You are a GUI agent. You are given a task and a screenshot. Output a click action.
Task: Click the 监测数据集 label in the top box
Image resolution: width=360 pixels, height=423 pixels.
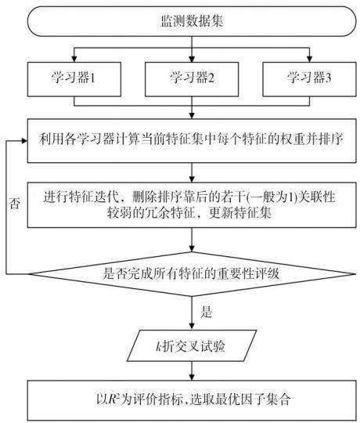tap(192, 21)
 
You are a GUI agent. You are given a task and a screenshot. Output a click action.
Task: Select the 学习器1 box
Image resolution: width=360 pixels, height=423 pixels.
tap(74, 79)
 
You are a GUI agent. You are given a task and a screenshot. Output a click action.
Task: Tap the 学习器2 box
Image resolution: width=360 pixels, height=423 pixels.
tap(192, 79)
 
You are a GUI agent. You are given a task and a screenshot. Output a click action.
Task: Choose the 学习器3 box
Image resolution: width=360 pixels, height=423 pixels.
tap(309, 79)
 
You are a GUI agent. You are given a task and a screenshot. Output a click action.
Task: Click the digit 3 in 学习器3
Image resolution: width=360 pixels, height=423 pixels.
tap(328, 78)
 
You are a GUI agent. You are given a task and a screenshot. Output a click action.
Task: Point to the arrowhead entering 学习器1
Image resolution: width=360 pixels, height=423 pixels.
tap(74, 59)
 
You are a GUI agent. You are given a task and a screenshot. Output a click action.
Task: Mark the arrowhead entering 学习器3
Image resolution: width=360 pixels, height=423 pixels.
tap(309, 59)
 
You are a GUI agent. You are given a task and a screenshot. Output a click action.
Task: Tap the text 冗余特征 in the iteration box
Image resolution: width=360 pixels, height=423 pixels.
tap(170, 213)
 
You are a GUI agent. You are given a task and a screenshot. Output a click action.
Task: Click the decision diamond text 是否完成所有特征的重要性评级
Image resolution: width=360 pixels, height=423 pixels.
tap(191, 274)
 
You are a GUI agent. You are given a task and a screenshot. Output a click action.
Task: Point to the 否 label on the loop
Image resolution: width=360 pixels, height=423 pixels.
tap(15, 203)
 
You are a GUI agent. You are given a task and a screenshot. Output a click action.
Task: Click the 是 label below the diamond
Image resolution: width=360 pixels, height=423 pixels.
tap(207, 312)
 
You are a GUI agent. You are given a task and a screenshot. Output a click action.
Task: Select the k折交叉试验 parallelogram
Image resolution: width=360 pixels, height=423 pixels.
tap(192, 345)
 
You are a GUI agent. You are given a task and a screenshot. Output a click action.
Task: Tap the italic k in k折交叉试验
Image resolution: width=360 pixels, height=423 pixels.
tap(159, 346)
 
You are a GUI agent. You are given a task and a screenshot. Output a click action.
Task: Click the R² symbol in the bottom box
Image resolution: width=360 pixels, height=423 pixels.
tap(114, 399)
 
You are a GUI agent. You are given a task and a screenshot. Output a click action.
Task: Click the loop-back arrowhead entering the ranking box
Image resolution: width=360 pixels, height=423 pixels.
tap(24, 140)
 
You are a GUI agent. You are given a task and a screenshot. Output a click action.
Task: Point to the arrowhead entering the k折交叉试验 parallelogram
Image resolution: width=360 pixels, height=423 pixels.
tap(192, 326)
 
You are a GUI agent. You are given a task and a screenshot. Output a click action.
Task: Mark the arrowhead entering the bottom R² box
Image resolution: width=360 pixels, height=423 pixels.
tap(192, 377)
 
